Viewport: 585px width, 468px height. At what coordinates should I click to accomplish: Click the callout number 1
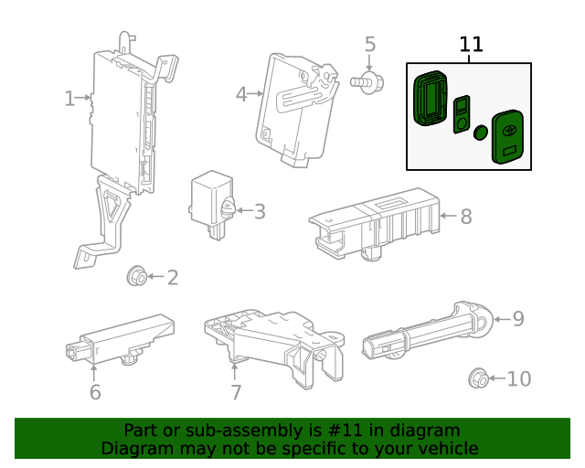(x=70, y=98)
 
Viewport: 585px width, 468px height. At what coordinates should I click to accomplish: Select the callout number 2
(x=171, y=277)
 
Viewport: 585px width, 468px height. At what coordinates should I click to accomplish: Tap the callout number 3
(x=260, y=212)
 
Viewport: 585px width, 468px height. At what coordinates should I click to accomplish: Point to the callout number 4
(x=241, y=93)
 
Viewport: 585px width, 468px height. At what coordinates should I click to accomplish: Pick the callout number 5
(x=370, y=44)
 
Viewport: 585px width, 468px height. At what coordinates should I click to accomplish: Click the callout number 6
(x=95, y=393)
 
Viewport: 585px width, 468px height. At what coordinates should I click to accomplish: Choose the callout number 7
(x=236, y=393)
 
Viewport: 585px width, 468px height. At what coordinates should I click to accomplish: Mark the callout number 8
(x=465, y=217)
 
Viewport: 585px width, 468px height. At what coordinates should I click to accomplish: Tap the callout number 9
(x=517, y=318)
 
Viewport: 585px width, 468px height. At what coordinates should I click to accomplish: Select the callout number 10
(x=518, y=378)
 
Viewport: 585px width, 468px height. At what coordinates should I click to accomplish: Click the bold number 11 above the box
(x=471, y=44)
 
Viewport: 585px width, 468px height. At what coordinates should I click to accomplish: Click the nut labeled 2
(x=135, y=274)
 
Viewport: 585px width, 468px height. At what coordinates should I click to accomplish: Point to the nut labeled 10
(x=476, y=378)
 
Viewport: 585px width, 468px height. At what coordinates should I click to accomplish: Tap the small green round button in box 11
(x=480, y=133)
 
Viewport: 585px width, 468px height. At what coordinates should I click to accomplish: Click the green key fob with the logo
(x=509, y=137)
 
